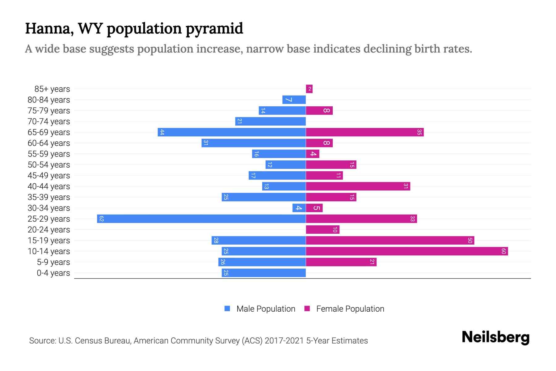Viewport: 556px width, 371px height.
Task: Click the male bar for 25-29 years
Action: tap(201, 219)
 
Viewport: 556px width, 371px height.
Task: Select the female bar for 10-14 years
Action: tap(407, 251)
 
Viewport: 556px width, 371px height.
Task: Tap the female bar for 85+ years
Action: tap(309, 89)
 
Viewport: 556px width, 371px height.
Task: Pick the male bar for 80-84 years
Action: tap(294, 100)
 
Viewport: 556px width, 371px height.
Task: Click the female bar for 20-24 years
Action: tap(322, 230)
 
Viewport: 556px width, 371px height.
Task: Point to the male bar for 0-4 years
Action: tap(264, 273)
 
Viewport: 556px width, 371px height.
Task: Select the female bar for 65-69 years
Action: tap(364, 132)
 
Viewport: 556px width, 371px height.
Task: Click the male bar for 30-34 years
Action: tap(299, 208)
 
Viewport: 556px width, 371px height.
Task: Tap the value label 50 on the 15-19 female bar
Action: tap(470, 241)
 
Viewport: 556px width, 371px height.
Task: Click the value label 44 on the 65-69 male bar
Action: tap(162, 132)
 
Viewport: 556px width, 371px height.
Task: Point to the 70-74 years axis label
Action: tap(49, 122)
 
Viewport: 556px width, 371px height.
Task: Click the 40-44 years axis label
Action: tap(49, 186)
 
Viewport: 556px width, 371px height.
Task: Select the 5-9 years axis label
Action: tap(53, 262)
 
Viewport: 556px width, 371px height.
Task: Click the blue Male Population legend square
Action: tap(227, 309)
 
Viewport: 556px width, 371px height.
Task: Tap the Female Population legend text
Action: tap(350, 309)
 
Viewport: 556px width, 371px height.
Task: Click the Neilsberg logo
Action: tap(495, 337)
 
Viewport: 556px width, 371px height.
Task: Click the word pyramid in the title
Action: tap(214, 28)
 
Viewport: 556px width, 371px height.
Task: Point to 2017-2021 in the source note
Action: tap(284, 341)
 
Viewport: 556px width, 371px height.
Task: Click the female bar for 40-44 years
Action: tap(358, 186)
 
